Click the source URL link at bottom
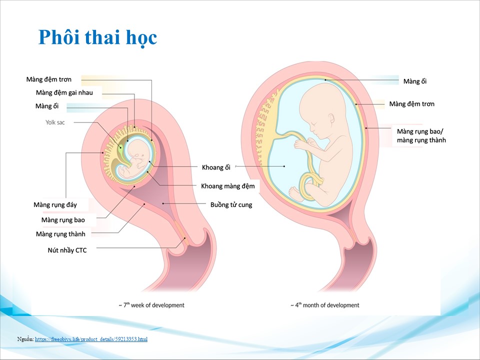91,339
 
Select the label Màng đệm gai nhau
64,92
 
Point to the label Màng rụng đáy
55,205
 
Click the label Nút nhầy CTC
67,250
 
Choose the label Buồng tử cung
231,204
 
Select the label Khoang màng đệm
227,186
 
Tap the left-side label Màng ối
46,106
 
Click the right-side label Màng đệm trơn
411,104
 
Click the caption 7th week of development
151,305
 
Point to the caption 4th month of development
325,305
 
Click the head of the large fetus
320,107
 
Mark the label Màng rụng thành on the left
60,234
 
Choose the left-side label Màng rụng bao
63,220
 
